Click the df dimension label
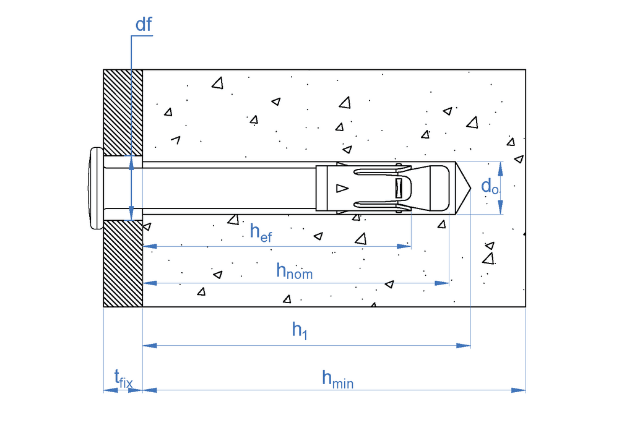144,25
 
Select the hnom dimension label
294,270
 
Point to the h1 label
300,331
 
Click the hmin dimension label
337,379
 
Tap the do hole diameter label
490,186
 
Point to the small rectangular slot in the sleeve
399,188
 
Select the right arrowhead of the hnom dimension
443,283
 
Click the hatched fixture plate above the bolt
123,111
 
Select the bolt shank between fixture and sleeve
229,188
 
